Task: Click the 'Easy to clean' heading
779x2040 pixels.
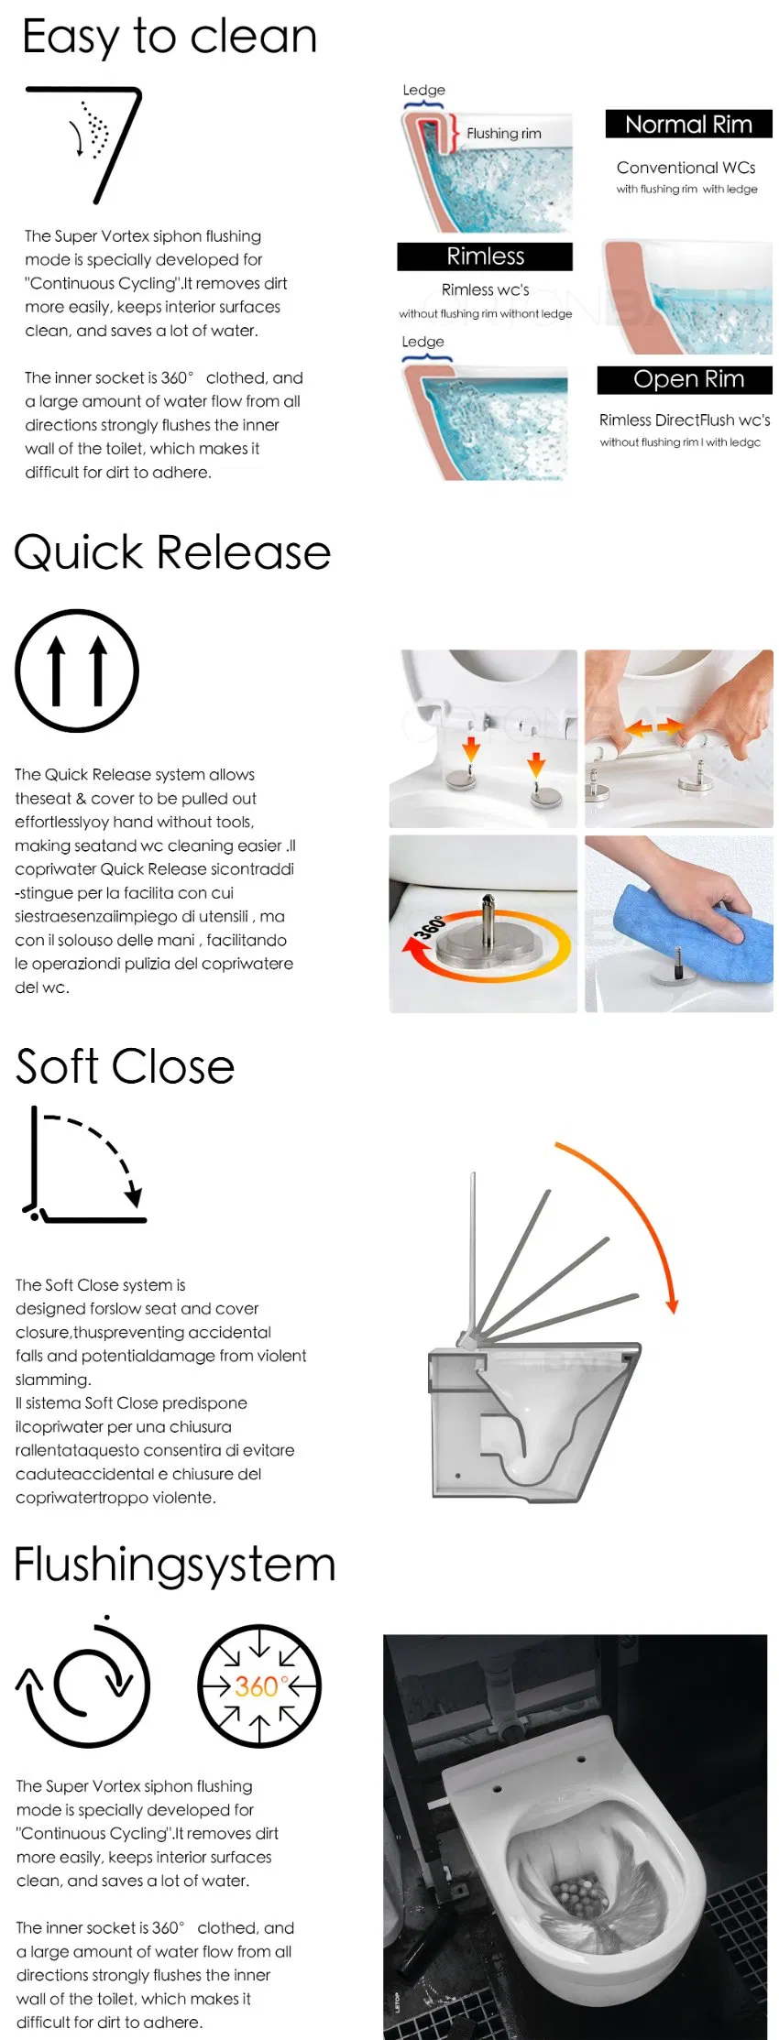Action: (x=170, y=38)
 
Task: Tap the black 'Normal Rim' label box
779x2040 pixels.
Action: (x=688, y=124)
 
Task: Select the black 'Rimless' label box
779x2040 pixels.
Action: (x=485, y=256)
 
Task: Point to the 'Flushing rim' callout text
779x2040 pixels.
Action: (x=503, y=134)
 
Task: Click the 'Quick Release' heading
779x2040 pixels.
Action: (x=172, y=553)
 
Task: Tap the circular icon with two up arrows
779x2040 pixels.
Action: (x=77, y=671)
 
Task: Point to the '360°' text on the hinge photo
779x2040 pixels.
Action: (x=429, y=926)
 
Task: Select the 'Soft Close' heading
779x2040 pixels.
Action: (x=126, y=1067)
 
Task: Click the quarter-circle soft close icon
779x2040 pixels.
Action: (x=84, y=1164)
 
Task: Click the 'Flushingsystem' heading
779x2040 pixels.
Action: (x=175, y=1565)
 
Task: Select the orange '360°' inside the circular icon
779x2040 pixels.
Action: (x=260, y=1686)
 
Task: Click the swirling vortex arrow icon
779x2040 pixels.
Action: (x=84, y=1685)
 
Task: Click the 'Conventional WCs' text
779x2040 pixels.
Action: (x=686, y=168)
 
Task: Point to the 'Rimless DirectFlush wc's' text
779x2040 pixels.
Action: (x=685, y=420)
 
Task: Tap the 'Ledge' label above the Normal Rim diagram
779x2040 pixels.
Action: (x=423, y=90)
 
